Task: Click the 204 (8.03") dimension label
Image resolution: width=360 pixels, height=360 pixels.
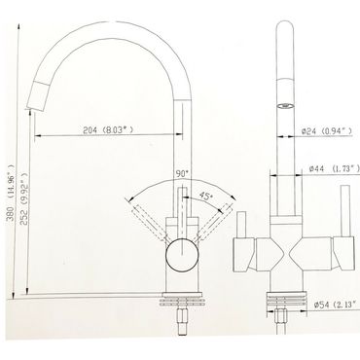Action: [x=108, y=130]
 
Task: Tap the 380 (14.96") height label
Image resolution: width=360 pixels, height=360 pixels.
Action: [x=11, y=193]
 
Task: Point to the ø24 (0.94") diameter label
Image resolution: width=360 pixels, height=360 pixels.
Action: [x=327, y=131]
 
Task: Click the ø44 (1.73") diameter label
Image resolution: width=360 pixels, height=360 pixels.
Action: [x=335, y=168]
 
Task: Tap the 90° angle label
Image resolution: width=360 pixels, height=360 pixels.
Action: [x=182, y=173]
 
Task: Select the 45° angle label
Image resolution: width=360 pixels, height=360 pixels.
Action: [x=205, y=196]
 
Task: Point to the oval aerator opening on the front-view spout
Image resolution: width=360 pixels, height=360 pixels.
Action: [x=285, y=105]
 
